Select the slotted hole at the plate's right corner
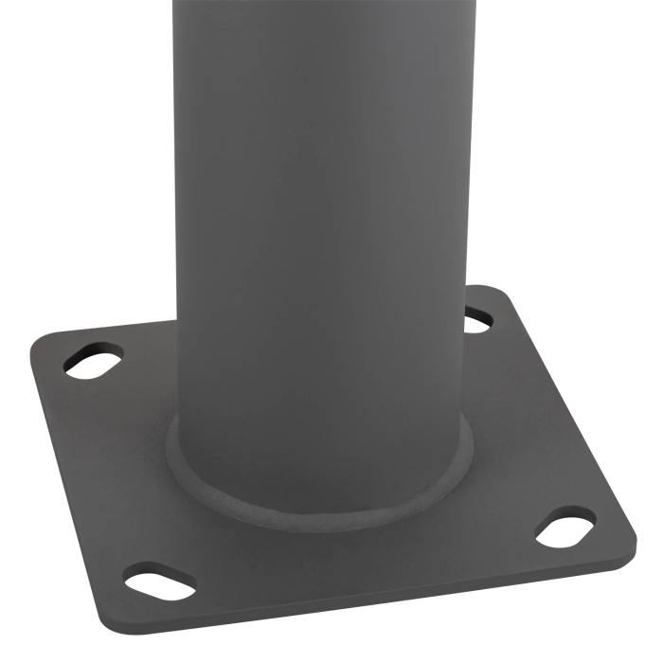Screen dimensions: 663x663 (x=566, y=528)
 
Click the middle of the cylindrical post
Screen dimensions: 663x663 (x=322, y=237)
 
